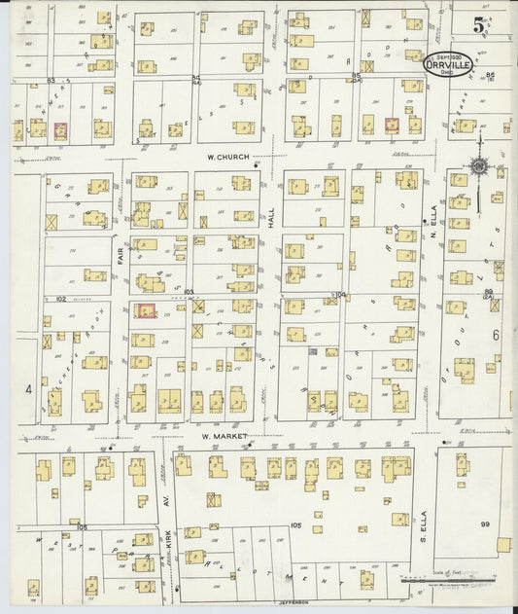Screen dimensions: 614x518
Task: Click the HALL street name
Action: click(x=272, y=223)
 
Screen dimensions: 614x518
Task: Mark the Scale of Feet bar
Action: click(x=457, y=587)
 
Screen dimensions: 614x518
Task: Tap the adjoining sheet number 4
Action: click(x=29, y=388)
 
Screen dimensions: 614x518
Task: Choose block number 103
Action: click(x=188, y=292)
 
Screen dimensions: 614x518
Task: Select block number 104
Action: click(x=340, y=292)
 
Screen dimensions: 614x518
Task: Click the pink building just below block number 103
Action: click(x=146, y=310)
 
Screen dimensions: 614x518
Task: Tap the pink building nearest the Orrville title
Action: click(x=392, y=125)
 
